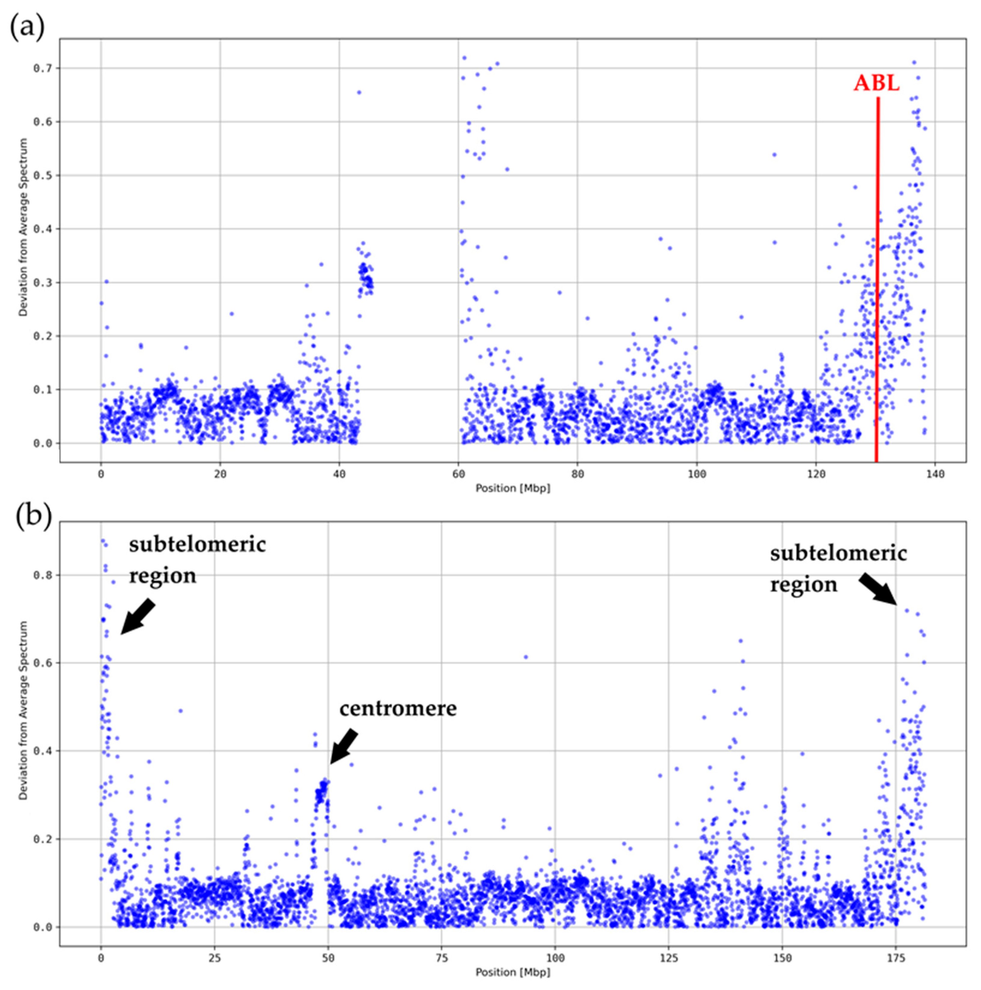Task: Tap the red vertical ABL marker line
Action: tap(877, 282)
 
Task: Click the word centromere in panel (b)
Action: tap(398, 709)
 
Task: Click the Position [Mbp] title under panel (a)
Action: tap(513, 488)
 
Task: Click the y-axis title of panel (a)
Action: tap(23, 227)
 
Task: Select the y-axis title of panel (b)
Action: tap(23, 710)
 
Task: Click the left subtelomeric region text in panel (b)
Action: tap(197, 560)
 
